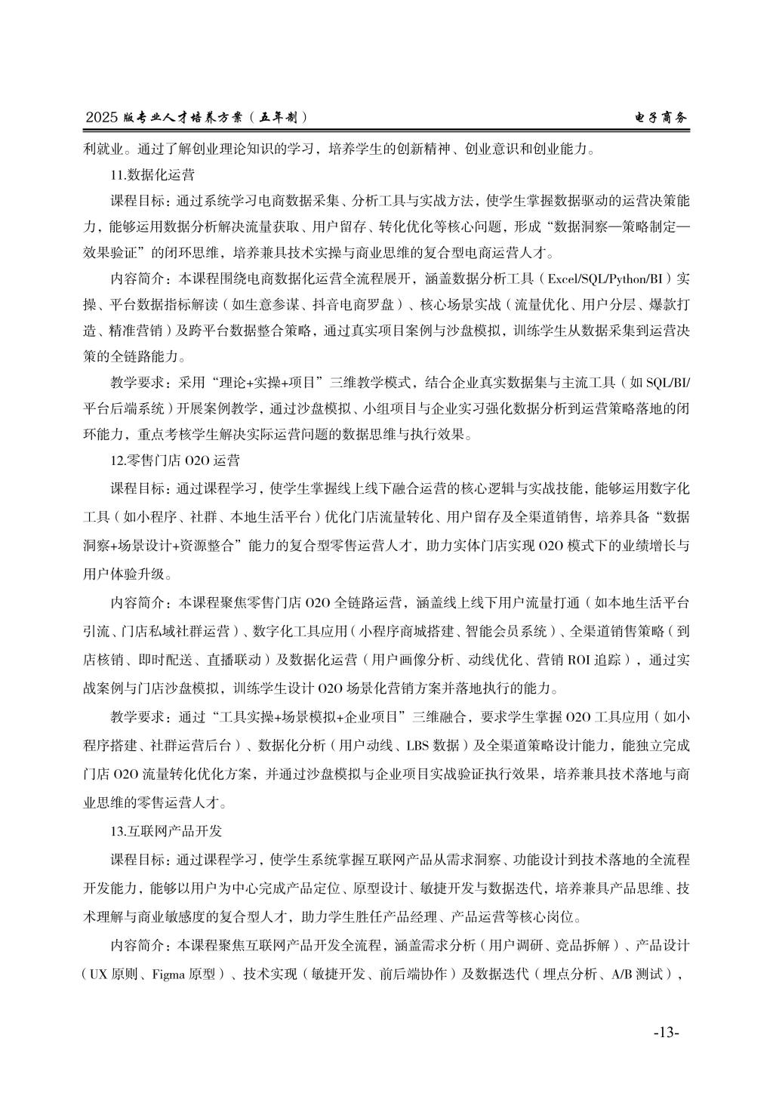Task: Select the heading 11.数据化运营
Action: pos(152,175)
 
